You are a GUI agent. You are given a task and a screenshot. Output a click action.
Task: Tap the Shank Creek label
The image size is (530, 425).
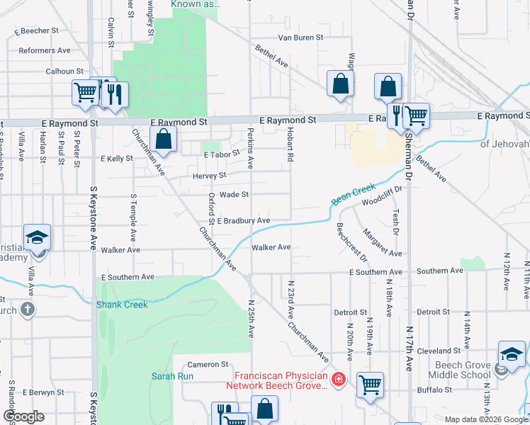[x=122, y=305]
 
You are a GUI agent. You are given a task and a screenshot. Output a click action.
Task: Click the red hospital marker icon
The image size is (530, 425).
[x=339, y=380]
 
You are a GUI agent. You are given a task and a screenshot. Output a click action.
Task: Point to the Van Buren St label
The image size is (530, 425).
[x=300, y=37]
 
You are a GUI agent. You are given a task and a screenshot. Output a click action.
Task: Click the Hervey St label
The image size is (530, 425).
[x=208, y=175]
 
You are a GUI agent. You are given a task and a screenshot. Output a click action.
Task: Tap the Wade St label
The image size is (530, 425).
[x=235, y=194]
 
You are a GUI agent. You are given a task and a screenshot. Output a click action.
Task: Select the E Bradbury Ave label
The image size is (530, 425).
[x=243, y=221]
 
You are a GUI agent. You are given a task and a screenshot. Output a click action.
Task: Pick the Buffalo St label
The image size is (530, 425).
[x=434, y=390]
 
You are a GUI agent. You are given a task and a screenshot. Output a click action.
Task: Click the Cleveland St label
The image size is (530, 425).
[x=439, y=351]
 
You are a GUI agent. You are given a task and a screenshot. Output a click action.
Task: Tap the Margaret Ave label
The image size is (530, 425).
[x=383, y=242]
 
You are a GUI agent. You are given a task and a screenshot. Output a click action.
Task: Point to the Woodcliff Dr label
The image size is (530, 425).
[x=382, y=196]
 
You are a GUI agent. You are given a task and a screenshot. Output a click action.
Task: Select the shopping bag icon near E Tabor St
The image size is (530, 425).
[x=164, y=140]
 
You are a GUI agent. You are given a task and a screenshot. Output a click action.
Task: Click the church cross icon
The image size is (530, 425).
[x=27, y=309]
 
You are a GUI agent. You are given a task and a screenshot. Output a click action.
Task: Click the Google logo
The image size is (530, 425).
[x=23, y=416]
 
